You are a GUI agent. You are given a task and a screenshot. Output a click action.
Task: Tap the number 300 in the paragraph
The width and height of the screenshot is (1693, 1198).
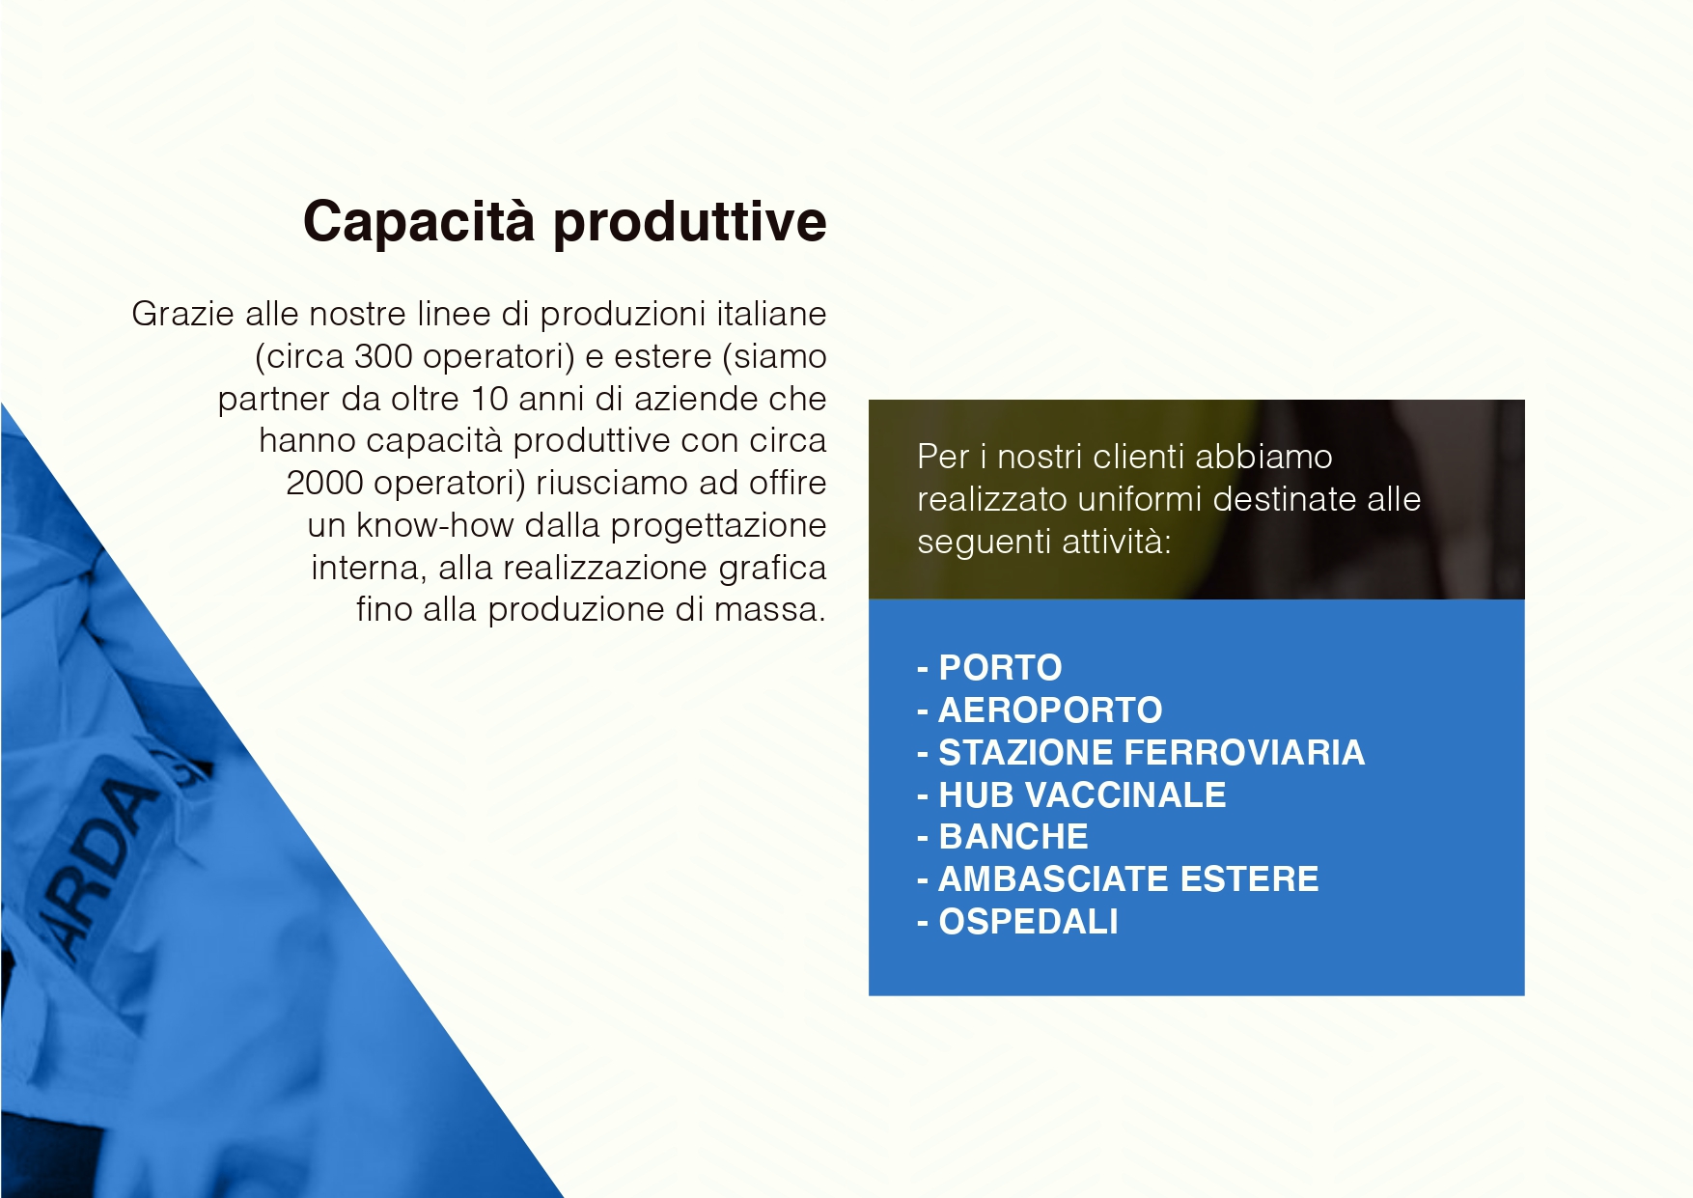(x=384, y=356)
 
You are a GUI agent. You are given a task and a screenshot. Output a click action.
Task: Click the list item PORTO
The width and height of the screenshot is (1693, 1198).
(x=1000, y=667)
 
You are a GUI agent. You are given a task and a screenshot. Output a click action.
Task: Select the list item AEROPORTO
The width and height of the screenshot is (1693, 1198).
(x=1050, y=710)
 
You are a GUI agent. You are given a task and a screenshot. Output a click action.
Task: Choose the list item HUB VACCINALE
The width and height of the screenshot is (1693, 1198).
(x=1082, y=794)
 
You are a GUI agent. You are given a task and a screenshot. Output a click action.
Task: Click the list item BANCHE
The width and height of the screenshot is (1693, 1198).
(x=1013, y=836)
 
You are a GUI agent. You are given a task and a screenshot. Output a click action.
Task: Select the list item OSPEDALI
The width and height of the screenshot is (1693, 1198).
(x=1028, y=921)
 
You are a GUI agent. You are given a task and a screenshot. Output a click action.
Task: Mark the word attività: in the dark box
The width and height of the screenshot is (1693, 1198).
(x=1117, y=542)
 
